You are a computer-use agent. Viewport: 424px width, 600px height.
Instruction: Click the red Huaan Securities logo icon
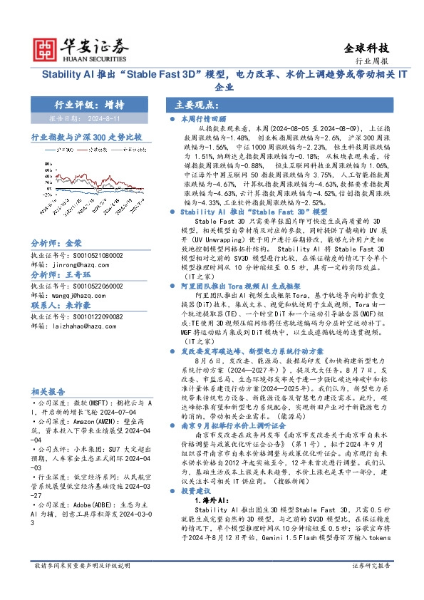46,48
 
